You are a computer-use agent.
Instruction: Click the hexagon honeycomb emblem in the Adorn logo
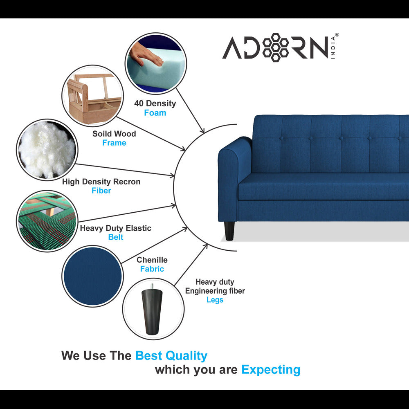pos(275,47)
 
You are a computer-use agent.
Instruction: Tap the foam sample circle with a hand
pos(156,63)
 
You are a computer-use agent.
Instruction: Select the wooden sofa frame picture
pos(92,96)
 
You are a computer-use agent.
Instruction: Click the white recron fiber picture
pos(47,150)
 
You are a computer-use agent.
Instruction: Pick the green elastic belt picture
pos(47,221)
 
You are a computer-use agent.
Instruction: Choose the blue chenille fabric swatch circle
pos(92,276)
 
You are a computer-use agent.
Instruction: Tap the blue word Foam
pos(155,113)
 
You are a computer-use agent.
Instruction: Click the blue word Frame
pos(114,143)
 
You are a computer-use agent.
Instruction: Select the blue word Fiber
pos(101,191)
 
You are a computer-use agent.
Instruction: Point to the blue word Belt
pos(116,237)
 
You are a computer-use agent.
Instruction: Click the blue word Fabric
pos(152,269)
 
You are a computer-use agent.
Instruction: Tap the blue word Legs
pos(215,300)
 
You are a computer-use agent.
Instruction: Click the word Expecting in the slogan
pos(271,370)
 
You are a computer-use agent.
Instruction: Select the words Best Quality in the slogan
pos(171,356)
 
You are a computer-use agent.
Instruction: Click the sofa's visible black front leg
pos(229,231)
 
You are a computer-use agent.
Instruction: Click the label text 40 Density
pos(155,103)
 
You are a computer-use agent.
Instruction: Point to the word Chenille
pos(152,260)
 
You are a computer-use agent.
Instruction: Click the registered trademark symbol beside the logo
pos(337,35)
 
